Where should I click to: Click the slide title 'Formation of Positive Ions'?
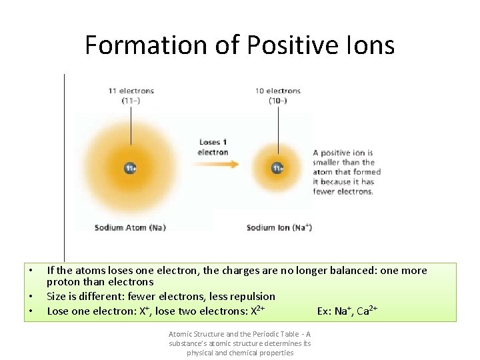pyautogui.click(x=239, y=45)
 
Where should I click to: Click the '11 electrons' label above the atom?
pyautogui.click(x=131, y=91)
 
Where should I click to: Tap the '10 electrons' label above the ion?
pyautogui.click(x=278, y=91)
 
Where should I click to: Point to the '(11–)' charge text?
pyautogui.click(x=131, y=101)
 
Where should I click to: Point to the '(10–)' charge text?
pyautogui.click(x=278, y=101)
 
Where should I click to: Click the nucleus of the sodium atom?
pyautogui.click(x=131, y=168)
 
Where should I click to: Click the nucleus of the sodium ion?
pyautogui.click(x=277, y=168)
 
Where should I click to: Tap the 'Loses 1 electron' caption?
pyautogui.click(x=213, y=147)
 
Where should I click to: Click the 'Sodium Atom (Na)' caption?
pyautogui.click(x=130, y=227)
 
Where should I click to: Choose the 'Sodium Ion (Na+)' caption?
pyautogui.click(x=279, y=227)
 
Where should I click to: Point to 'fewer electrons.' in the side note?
pyautogui.click(x=343, y=192)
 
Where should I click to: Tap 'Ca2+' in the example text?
pyautogui.click(x=367, y=311)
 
